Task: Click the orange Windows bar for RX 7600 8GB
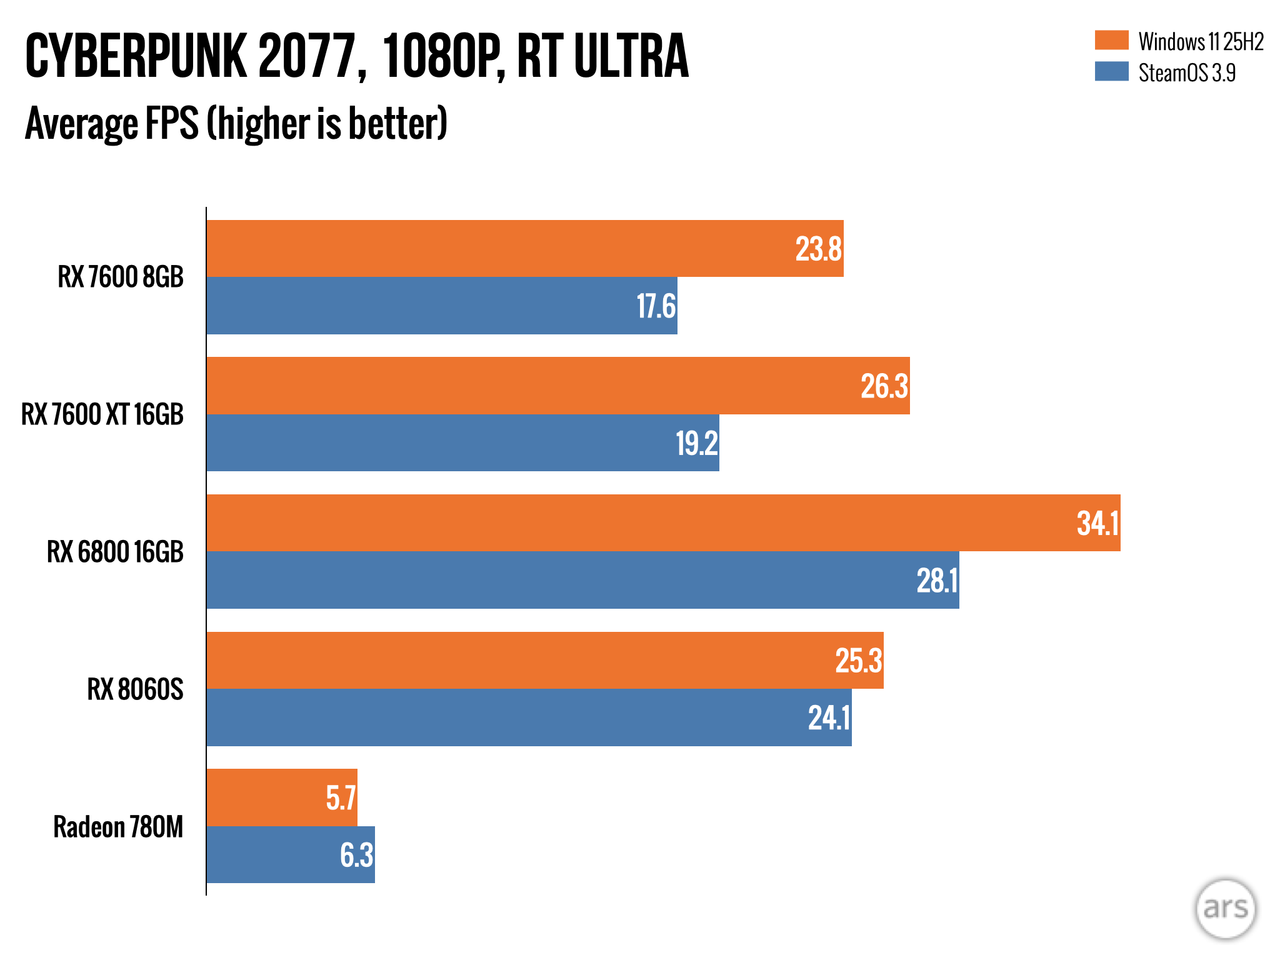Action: pyautogui.click(x=500, y=248)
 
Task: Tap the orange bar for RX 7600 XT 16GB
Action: pyautogui.click(x=531, y=386)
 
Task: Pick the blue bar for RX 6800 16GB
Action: pyautogui.click(x=562, y=580)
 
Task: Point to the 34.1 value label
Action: pyautogui.click(x=1097, y=523)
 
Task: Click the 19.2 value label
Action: pyautogui.click(x=696, y=443)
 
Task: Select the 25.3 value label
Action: pyautogui.click(x=858, y=661)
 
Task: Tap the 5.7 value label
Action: pyautogui.click(x=341, y=798)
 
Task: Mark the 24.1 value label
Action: pyautogui.click(x=829, y=717)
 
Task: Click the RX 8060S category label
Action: pyautogui.click(x=135, y=689)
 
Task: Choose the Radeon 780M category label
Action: pyautogui.click(x=118, y=827)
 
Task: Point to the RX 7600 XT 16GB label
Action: pyautogui.click(x=102, y=414)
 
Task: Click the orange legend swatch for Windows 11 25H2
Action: pyautogui.click(x=1111, y=40)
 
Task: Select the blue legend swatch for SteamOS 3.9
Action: pyautogui.click(x=1111, y=71)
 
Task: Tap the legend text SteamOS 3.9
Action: pyautogui.click(x=1186, y=73)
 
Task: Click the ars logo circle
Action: pyautogui.click(x=1225, y=908)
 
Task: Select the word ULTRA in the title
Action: pyautogui.click(x=631, y=56)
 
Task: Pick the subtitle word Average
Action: pyautogui.click(x=81, y=123)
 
